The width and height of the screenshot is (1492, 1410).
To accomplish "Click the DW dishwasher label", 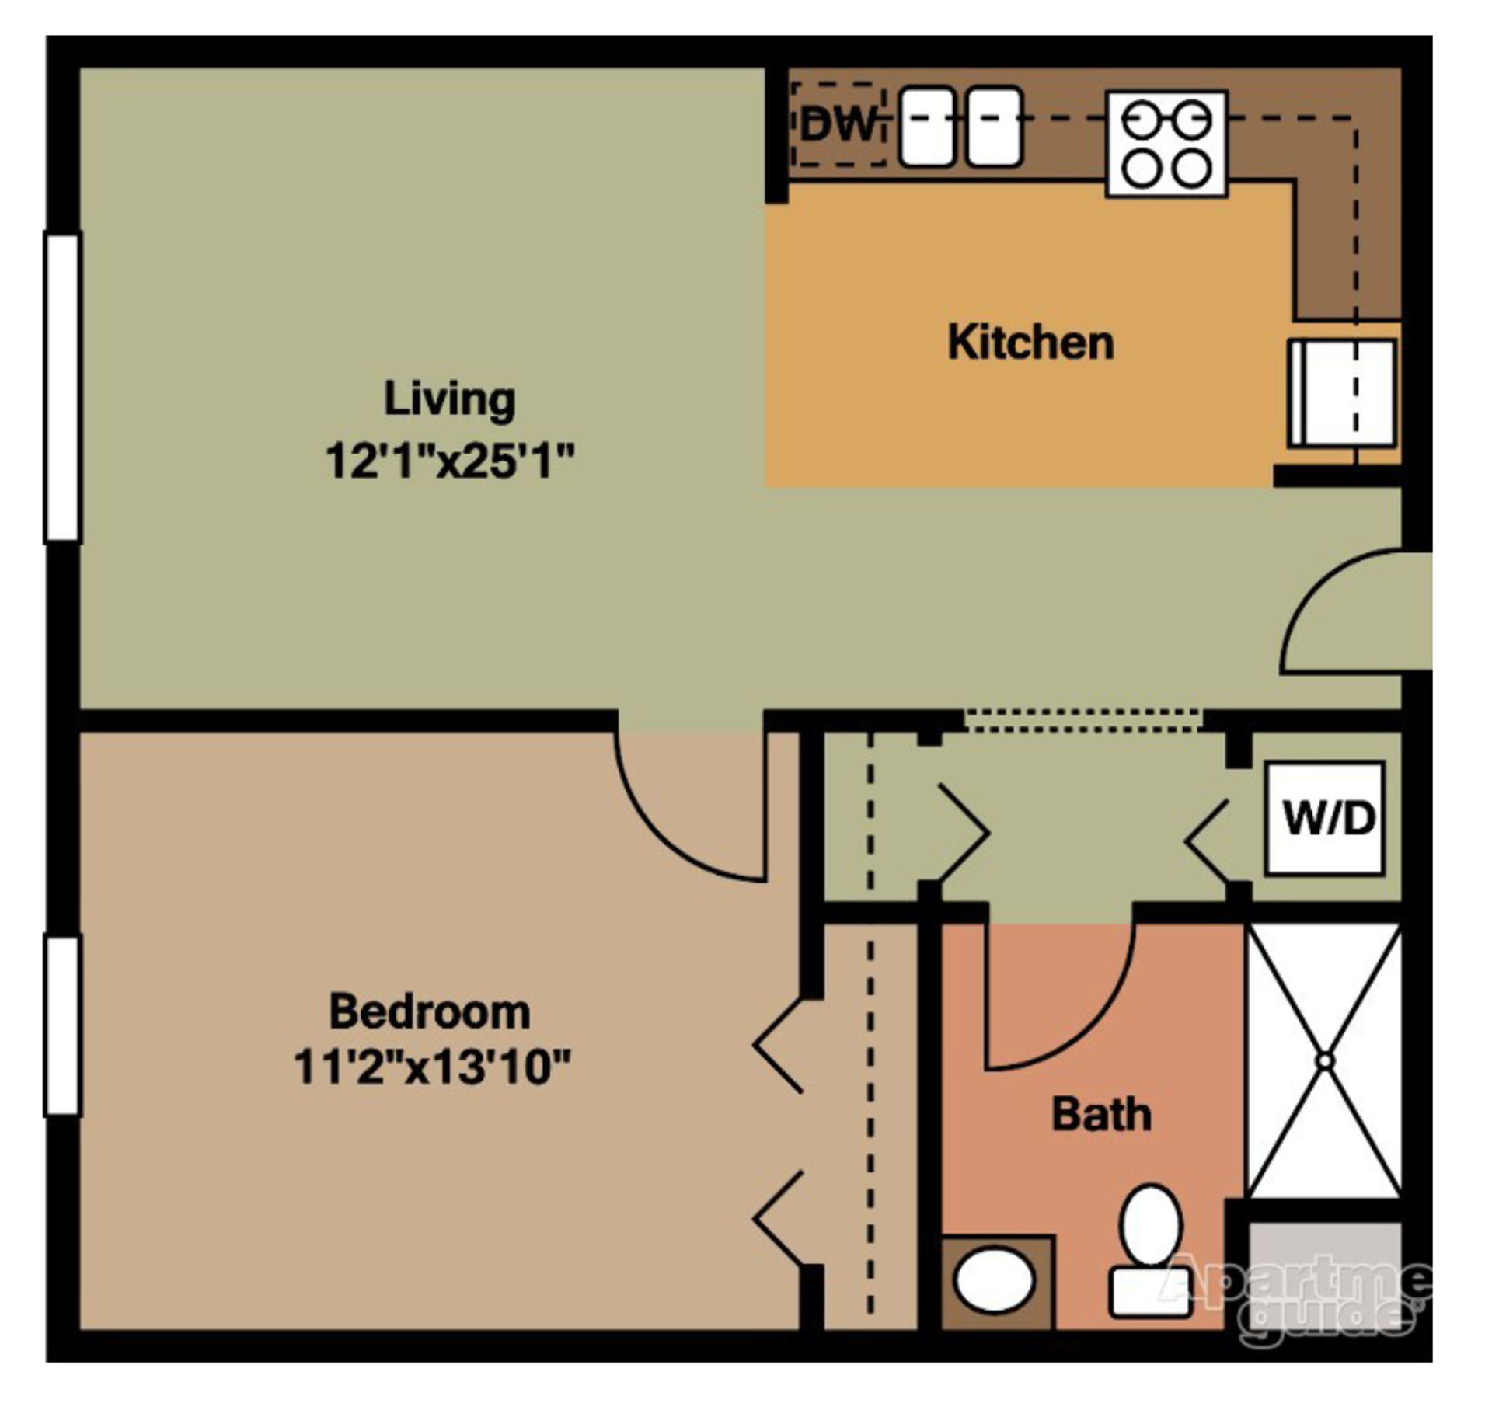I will [x=838, y=124].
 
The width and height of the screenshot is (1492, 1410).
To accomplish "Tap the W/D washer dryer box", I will [x=1326, y=818].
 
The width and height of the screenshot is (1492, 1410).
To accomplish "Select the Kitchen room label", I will [x=1030, y=343].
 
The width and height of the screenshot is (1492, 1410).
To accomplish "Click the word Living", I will [x=449, y=399].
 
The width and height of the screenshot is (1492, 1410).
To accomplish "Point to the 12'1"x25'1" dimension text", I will [x=449, y=461].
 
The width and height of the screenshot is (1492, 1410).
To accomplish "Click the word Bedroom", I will [x=430, y=1011].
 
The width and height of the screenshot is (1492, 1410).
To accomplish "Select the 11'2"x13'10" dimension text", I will [x=432, y=1067].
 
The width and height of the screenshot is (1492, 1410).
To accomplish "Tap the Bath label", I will [x=1101, y=1114].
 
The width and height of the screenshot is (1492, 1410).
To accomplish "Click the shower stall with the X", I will [x=1324, y=1060].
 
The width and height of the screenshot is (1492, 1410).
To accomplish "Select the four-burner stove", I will [x=1166, y=144].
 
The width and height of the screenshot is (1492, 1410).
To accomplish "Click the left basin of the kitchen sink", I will [x=926, y=126].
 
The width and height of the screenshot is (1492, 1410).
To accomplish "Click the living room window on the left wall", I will [x=63, y=386].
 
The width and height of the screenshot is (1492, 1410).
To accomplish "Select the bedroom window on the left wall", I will [x=63, y=1025].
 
